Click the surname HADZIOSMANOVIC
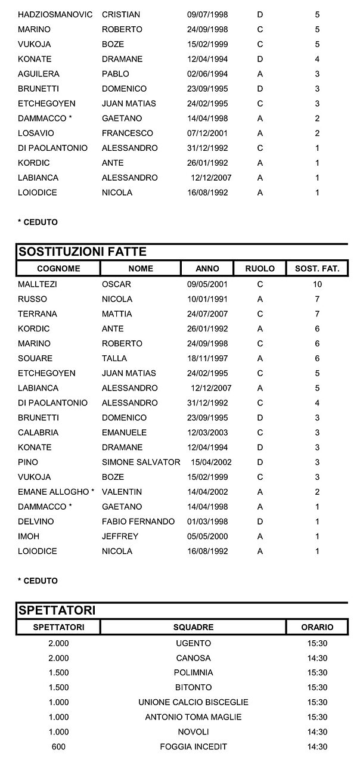point(55,14)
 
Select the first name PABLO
point(114,74)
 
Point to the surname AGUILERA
point(39,74)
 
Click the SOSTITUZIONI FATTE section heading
point(83,252)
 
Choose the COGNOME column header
point(58,269)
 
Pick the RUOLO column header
point(260,269)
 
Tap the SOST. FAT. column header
point(317,269)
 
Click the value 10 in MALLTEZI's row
point(317,284)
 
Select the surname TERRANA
point(35,314)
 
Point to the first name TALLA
point(114,359)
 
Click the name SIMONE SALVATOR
point(141,463)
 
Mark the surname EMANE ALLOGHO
point(54,492)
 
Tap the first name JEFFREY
point(120,536)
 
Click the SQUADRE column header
point(193,628)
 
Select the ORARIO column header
point(317,628)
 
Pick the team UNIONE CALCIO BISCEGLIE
point(194,703)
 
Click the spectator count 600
point(58,747)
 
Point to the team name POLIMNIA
point(194,673)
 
